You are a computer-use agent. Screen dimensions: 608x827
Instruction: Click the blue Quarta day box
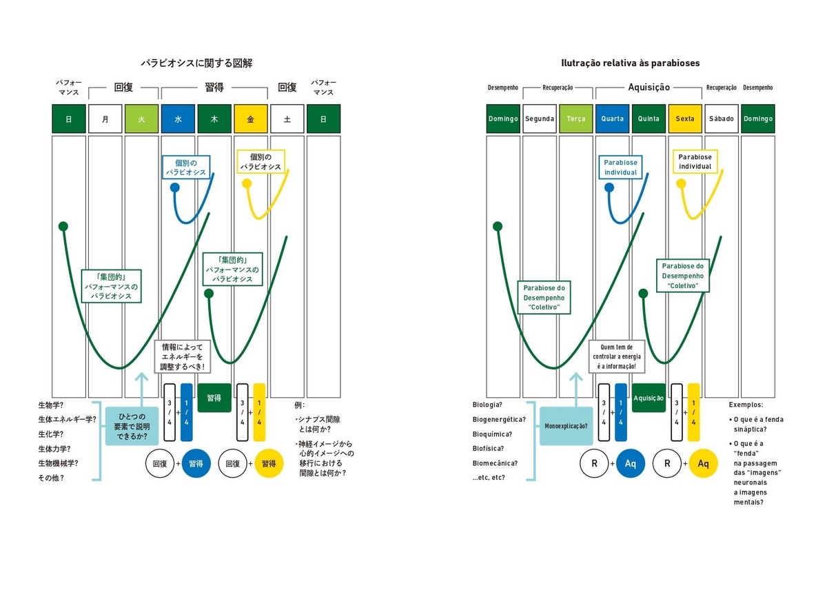[x=612, y=119]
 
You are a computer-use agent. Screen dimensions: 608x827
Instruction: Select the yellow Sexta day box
[x=685, y=119]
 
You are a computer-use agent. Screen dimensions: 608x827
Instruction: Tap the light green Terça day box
[x=575, y=119]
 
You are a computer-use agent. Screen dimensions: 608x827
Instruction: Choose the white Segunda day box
[x=539, y=119]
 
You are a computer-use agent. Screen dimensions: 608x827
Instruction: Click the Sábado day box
[x=722, y=119]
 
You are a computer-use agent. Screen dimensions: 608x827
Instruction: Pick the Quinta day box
[x=649, y=119]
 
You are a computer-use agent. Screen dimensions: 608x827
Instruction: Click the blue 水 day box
[x=178, y=119]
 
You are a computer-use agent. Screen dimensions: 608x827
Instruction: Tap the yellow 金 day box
[x=251, y=119]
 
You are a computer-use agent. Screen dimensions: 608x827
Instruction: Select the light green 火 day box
[x=141, y=119]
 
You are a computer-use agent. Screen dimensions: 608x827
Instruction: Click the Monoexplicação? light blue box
[x=566, y=426]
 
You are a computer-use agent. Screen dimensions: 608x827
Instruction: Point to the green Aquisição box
[x=649, y=398]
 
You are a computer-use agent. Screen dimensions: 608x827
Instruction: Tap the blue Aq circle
[x=630, y=464]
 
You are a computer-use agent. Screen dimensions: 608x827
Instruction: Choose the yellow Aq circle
[x=703, y=464]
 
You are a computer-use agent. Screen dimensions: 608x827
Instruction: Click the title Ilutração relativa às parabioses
[x=631, y=63]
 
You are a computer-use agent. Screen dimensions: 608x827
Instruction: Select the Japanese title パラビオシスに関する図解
[x=196, y=63]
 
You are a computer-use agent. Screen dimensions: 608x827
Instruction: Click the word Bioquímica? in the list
[x=492, y=434]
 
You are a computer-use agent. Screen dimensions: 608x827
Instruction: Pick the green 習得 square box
[x=214, y=398]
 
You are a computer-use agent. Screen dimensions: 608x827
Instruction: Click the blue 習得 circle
[x=196, y=464]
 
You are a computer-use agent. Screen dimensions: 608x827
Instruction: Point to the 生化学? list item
[x=50, y=434]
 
